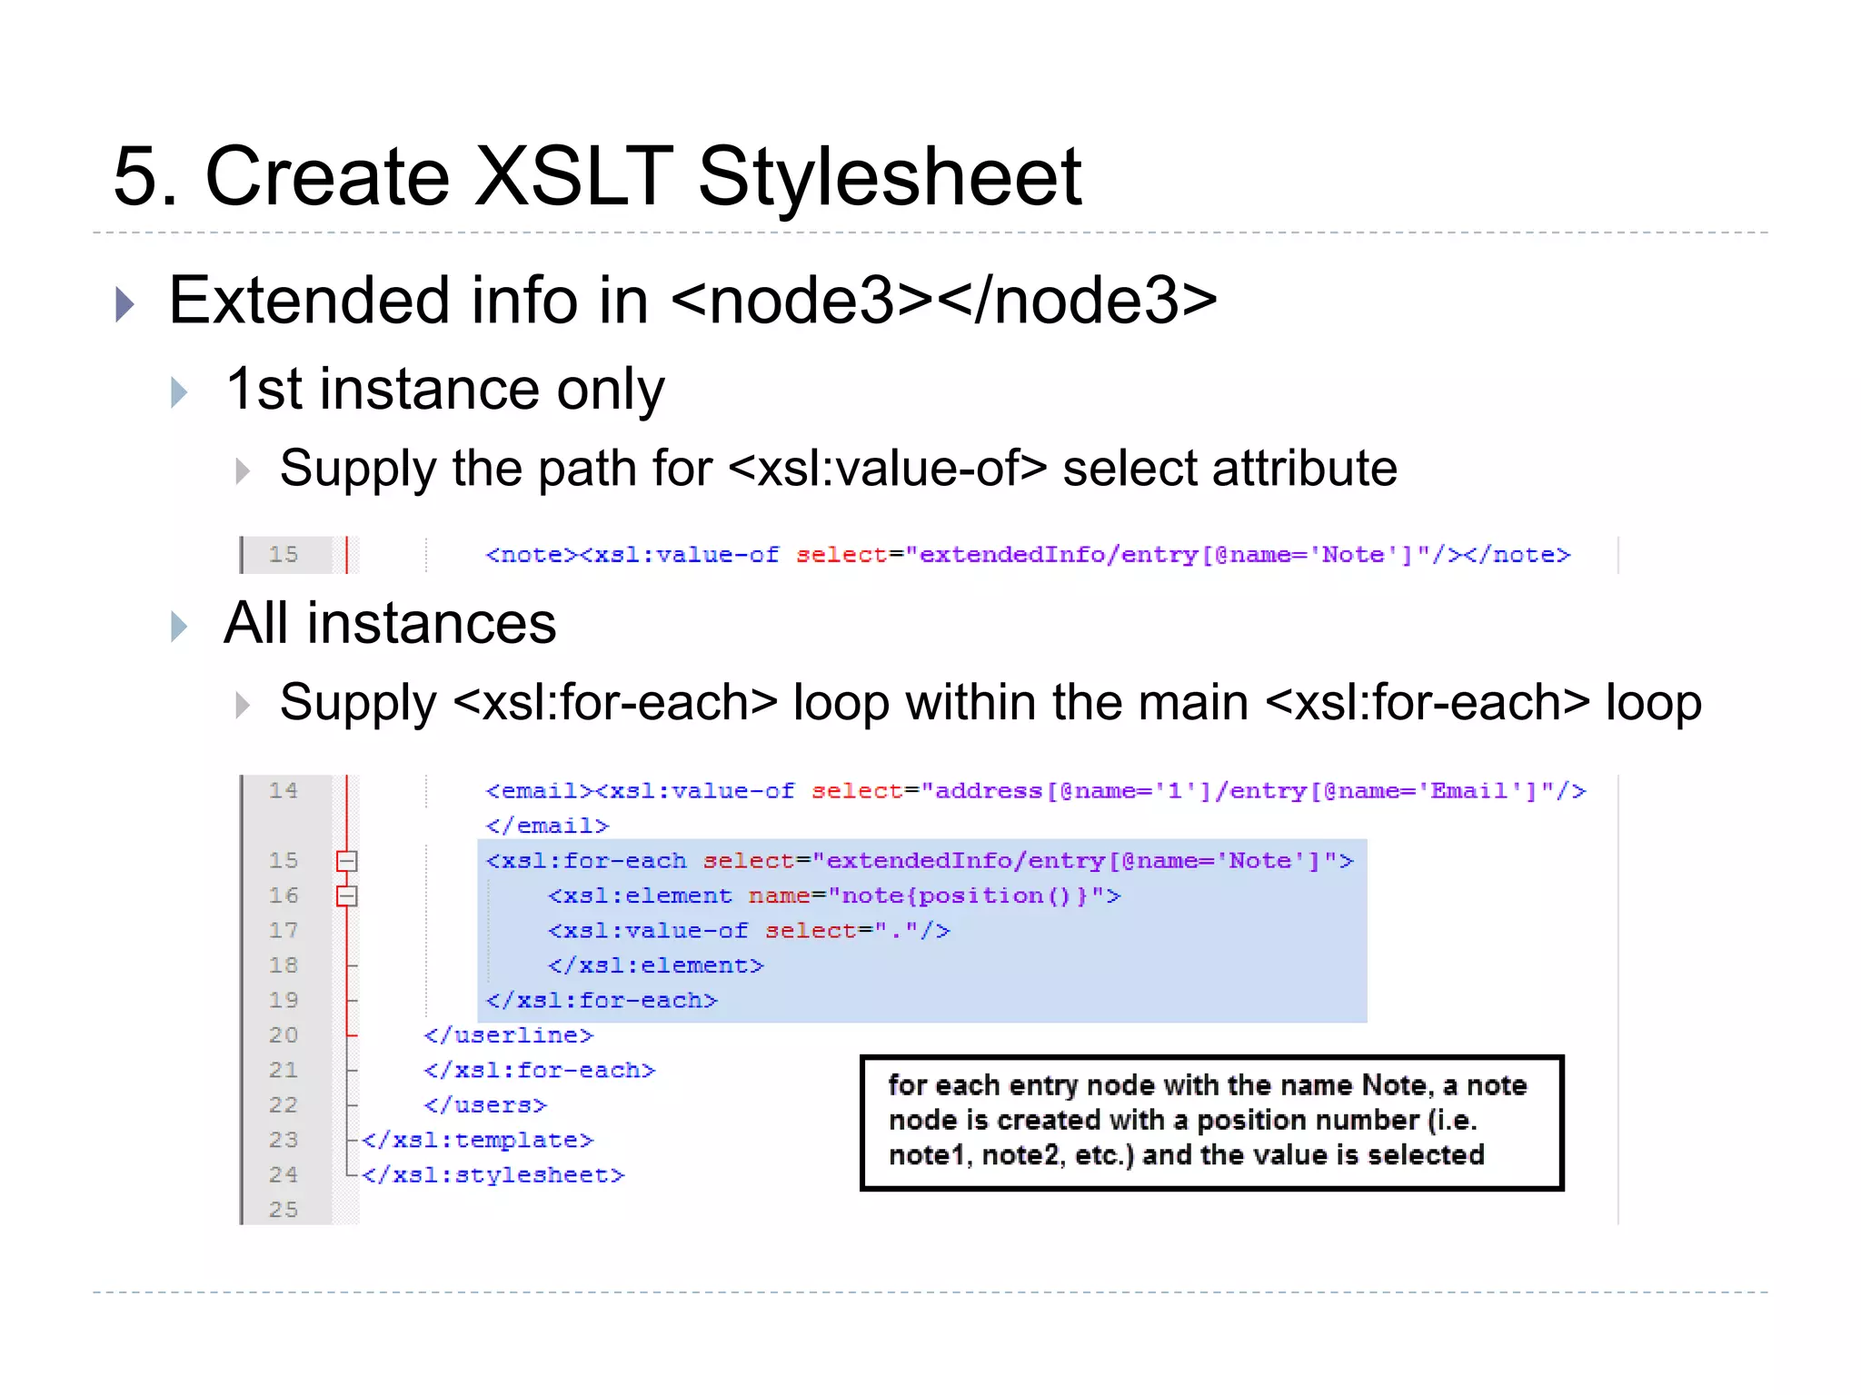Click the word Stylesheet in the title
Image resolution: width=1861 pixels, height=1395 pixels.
point(889,177)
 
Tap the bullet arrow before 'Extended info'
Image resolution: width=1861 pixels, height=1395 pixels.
point(125,304)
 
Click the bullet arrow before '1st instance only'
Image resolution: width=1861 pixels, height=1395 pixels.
point(179,392)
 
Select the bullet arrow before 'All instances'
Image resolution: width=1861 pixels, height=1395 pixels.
point(179,626)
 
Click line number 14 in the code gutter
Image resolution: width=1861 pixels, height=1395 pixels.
point(283,791)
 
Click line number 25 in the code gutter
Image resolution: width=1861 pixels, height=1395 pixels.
point(283,1210)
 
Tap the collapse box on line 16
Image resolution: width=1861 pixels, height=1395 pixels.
point(347,896)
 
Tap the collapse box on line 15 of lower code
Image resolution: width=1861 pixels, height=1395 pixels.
point(347,861)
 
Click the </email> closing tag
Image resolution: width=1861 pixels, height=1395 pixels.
point(547,826)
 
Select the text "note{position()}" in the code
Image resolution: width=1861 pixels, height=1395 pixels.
point(964,896)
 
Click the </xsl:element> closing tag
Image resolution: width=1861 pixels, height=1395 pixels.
point(655,965)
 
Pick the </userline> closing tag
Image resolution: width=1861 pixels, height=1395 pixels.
point(508,1035)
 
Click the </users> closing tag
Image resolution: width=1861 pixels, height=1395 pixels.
point(485,1105)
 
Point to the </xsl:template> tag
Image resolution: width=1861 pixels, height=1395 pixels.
point(478,1140)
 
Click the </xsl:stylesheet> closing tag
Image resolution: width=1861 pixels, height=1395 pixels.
point(493,1175)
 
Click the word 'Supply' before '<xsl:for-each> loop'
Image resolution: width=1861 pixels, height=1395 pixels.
point(358,703)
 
